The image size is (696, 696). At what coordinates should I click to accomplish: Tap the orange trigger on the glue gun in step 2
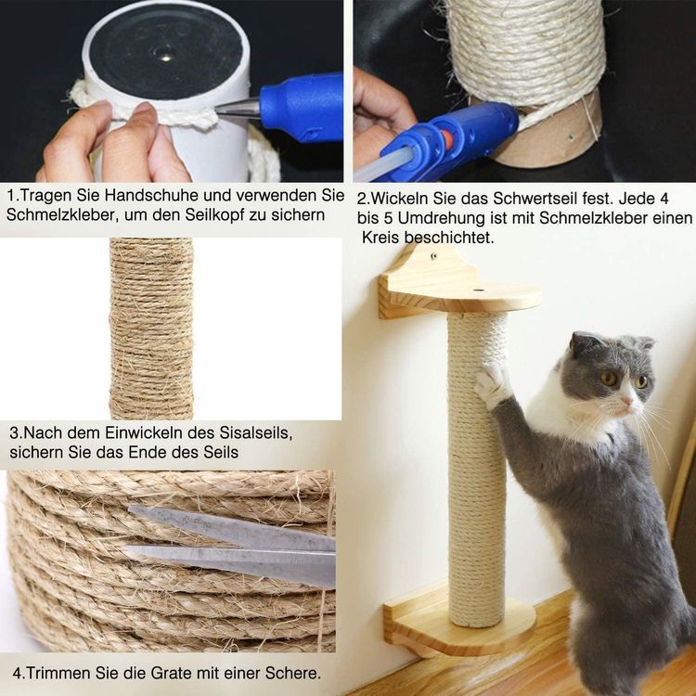click(x=446, y=139)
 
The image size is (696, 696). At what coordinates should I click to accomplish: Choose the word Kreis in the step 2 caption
click(x=381, y=238)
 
